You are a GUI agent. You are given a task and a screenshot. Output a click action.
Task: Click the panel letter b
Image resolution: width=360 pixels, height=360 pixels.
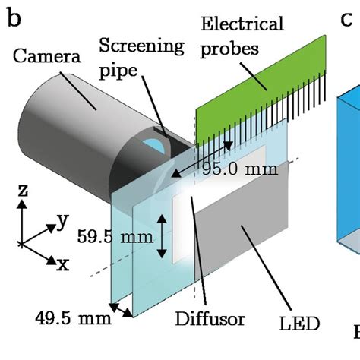pos(14,17)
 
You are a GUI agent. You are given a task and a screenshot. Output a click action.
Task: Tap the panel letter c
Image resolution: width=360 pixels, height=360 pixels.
pos(346,19)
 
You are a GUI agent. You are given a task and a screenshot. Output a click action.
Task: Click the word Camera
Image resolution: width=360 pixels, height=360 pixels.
pos(47,56)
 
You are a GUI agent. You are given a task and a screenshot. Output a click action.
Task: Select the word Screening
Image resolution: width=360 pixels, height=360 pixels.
pos(141,46)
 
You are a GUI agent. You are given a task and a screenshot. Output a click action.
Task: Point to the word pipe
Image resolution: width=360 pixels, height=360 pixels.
pos(118,71)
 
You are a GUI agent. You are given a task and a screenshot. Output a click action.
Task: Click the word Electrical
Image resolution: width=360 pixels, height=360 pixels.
pos(242,24)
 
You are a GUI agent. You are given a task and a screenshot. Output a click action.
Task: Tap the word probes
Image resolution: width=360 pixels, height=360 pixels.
pos(229,49)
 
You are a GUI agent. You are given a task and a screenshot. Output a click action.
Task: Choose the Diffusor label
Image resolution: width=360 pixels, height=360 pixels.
pos(210,319)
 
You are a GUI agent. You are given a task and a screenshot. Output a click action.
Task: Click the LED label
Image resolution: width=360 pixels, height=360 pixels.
pos(299,324)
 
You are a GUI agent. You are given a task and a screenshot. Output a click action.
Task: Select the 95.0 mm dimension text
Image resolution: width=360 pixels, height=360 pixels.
pos(240,169)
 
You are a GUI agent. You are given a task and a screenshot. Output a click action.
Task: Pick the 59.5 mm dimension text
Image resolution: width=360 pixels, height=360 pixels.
pos(115,237)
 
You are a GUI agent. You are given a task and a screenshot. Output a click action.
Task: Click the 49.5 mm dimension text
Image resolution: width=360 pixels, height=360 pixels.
pos(73,318)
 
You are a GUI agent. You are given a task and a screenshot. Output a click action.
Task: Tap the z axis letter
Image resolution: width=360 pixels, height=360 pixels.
pos(23,191)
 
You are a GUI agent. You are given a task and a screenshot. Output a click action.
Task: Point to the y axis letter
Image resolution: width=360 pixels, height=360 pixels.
pos(63,220)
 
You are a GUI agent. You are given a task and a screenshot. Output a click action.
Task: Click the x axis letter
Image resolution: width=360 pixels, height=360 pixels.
pos(63,265)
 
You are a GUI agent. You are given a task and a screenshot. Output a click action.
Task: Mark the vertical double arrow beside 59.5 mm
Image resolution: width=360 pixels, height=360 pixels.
pos(162,236)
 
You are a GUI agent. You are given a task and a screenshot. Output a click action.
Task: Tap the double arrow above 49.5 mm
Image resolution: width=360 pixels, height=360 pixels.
pos(121,310)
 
